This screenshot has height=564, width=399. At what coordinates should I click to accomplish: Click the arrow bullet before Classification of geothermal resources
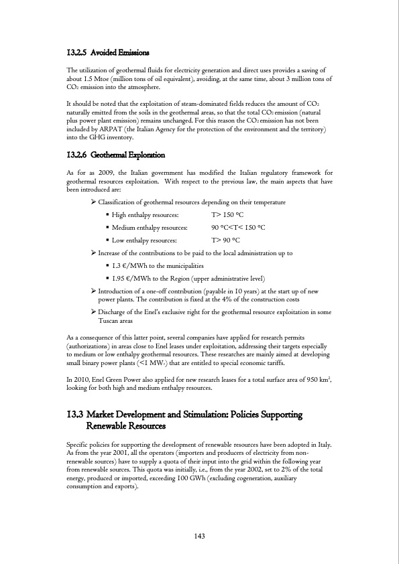click(x=93, y=202)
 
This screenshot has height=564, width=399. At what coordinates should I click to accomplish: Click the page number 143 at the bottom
click(x=199, y=535)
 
